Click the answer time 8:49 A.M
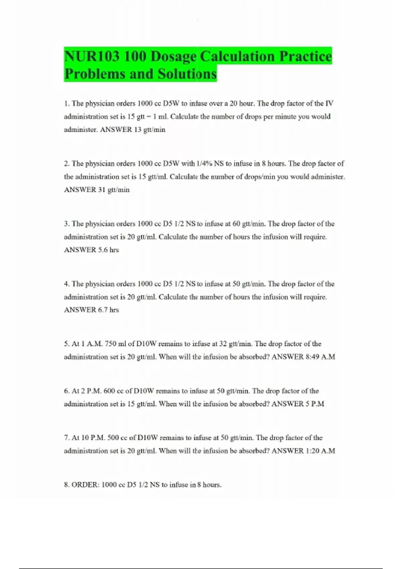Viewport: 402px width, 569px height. [x=320, y=357]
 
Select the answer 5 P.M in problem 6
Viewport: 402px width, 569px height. [x=315, y=404]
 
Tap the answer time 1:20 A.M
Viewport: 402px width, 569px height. [x=320, y=451]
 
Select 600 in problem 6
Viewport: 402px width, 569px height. [x=110, y=391]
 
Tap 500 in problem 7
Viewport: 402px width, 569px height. [x=113, y=438]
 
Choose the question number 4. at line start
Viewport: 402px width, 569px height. [x=67, y=284]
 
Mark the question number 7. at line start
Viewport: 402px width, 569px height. [x=67, y=438]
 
